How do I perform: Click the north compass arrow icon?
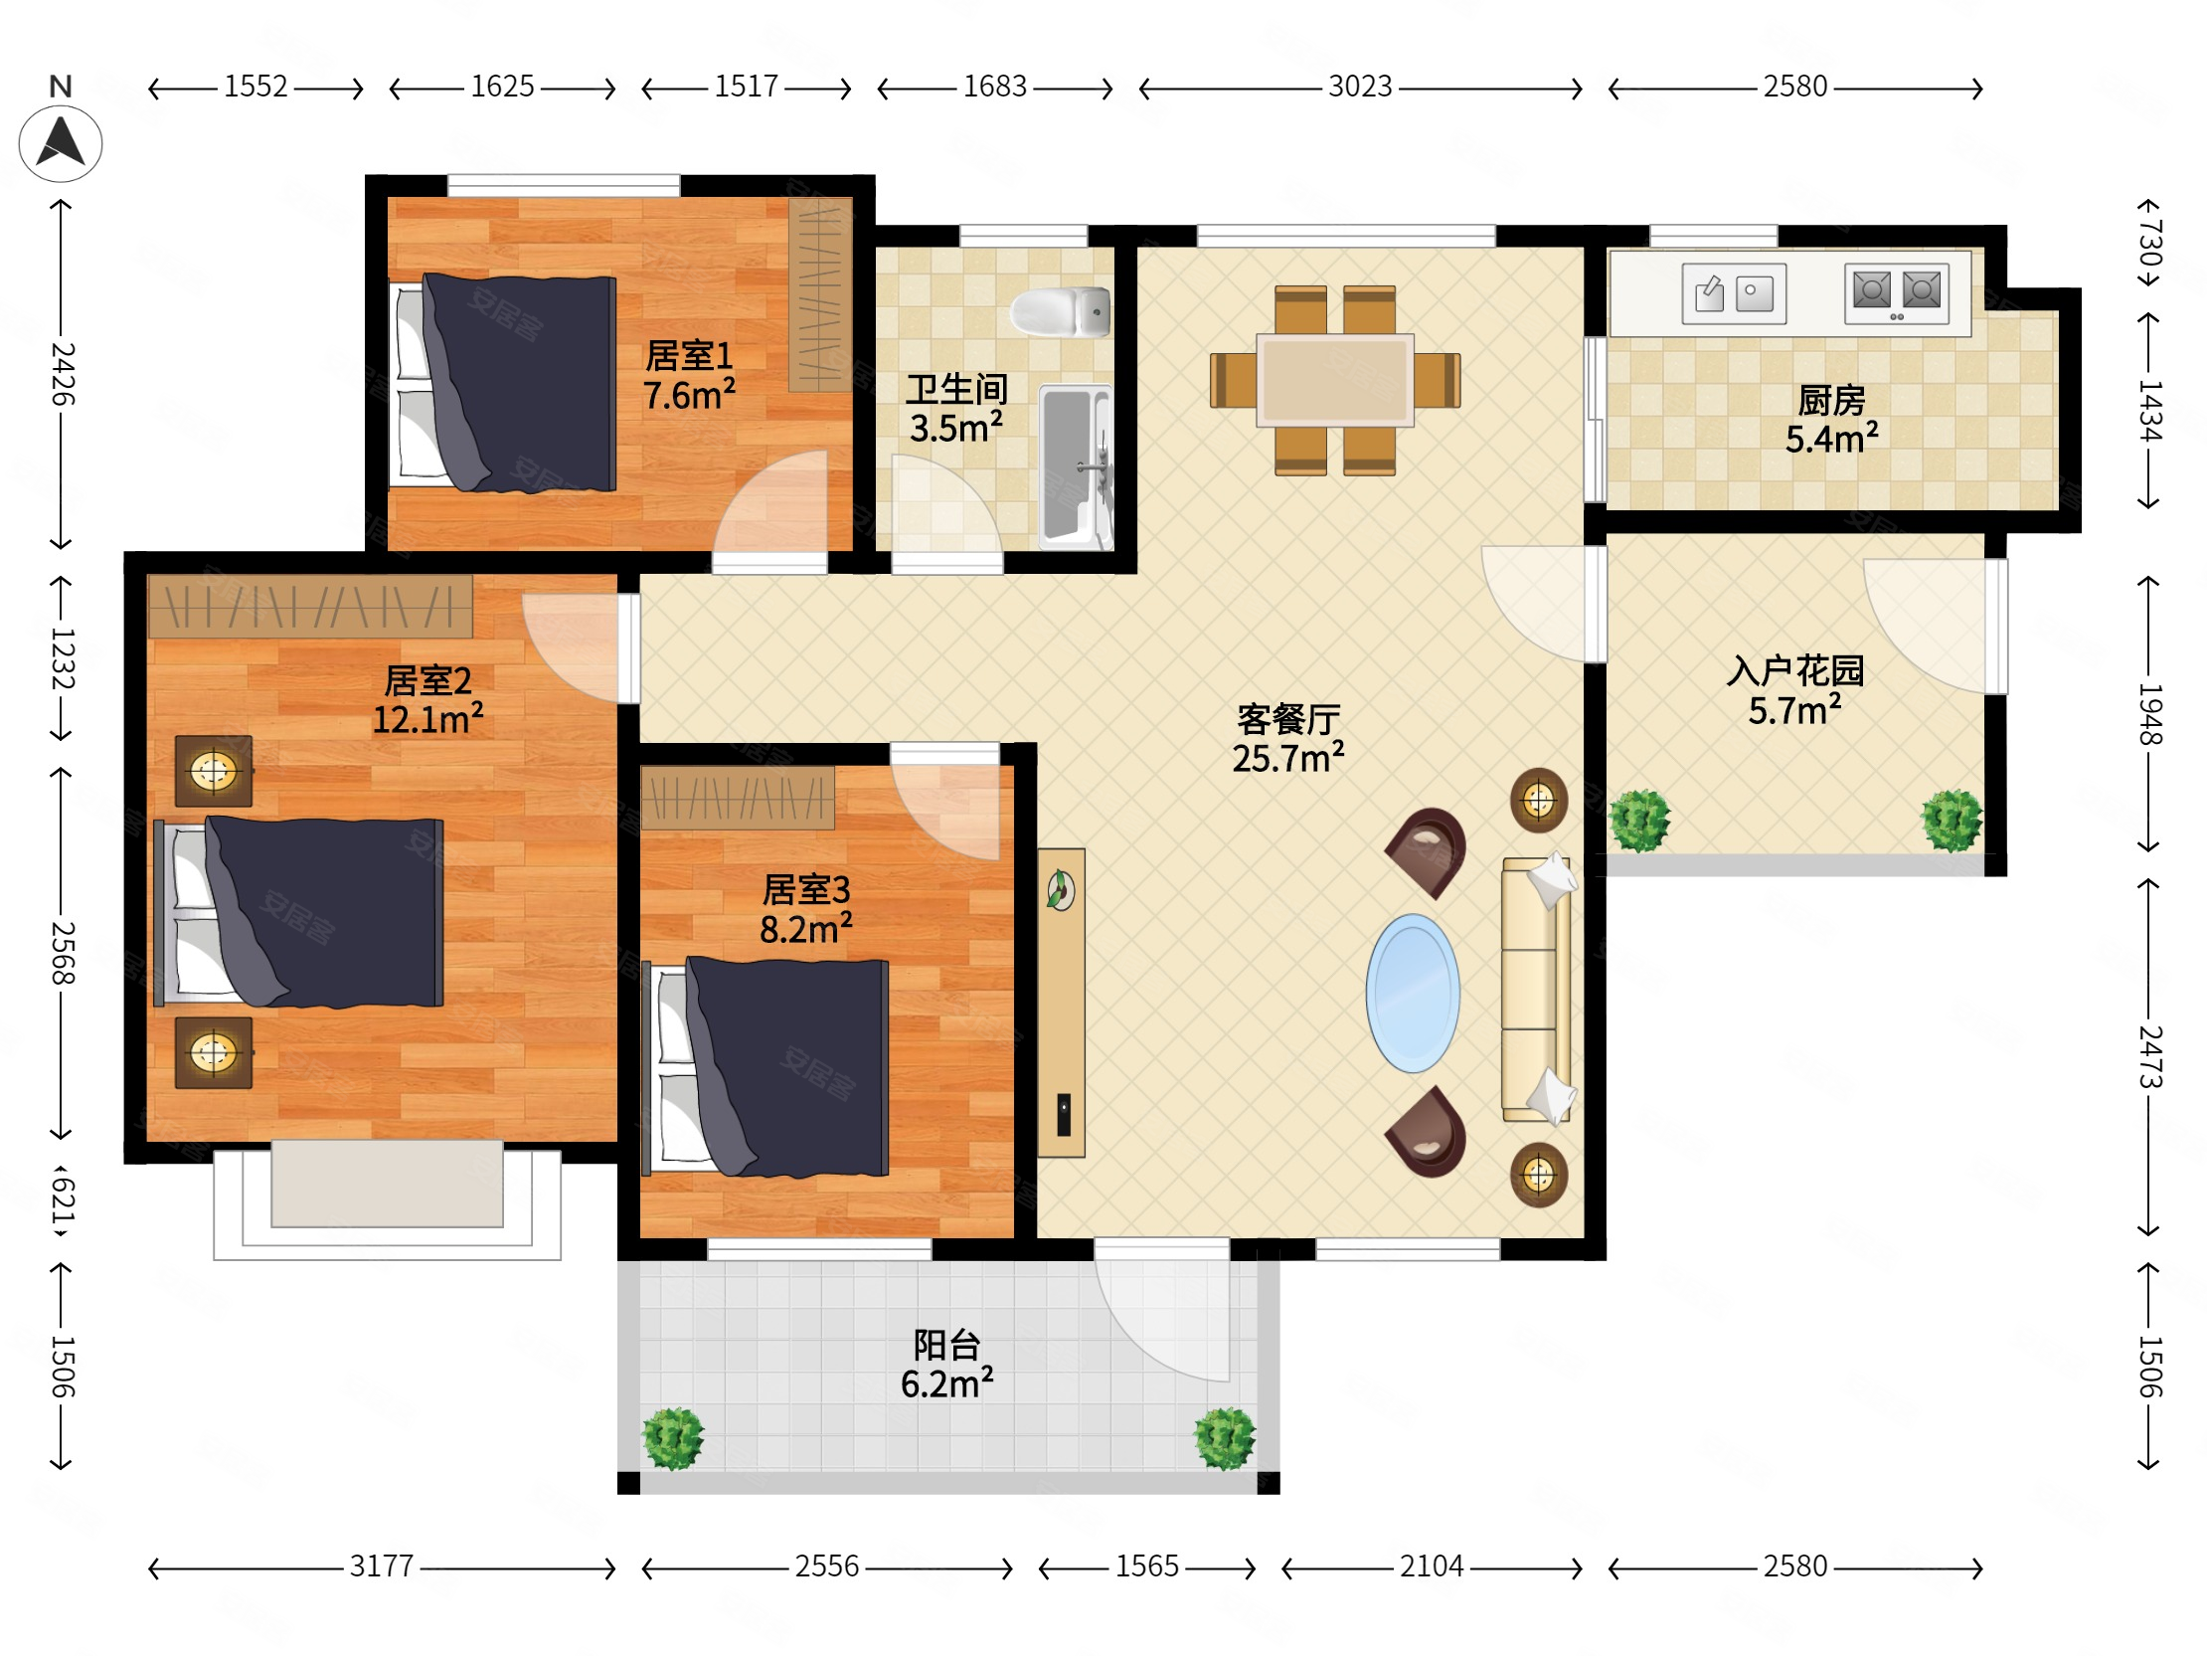tap(60, 144)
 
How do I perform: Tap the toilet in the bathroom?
tap(1060, 311)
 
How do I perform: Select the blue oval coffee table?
tap(1413, 994)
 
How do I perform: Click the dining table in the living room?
tap(1335, 380)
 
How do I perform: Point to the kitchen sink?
tap(1733, 293)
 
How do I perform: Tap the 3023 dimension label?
tap(1360, 87)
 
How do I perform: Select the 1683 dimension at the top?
tap(995, 87)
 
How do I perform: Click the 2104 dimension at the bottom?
tap(1432, 1566)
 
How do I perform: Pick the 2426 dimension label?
tap(62, 374)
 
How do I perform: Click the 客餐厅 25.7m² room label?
tap(1288, 739)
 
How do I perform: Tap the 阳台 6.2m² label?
tap(946, 1365)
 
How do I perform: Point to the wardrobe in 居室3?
tap(738, 798)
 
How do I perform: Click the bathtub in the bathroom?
tap(1076, 466)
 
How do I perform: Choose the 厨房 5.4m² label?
tap(1832, 420)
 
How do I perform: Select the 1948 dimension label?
tap(2150, 715)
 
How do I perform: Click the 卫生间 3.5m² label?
tap(955, 408)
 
